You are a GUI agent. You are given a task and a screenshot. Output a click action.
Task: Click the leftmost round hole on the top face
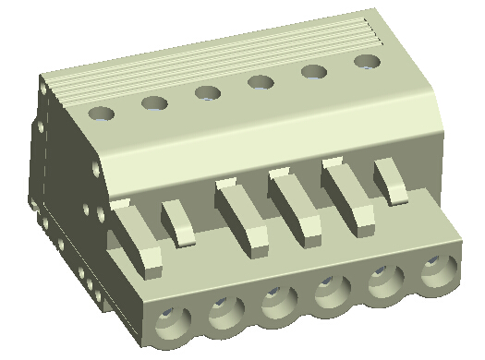coord(102,114)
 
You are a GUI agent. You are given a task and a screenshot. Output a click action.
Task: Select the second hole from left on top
coord(154,102)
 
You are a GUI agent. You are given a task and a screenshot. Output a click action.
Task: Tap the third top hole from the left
coord(207,92)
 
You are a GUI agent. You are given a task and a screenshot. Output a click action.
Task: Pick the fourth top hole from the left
coord(261,82)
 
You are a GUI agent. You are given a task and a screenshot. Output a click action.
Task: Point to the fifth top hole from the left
coord(314,72)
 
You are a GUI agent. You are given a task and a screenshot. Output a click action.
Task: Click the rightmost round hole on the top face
coord(368,62)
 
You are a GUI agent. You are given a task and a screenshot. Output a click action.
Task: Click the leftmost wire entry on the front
coord(172,321)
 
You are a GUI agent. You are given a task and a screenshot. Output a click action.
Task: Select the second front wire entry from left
coord(224,312)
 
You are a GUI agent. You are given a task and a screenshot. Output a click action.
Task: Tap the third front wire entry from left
coord(276,303)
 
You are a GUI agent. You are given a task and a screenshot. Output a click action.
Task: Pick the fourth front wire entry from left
coord(329,294)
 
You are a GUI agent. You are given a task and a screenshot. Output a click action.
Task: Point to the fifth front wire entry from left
coord(382,283)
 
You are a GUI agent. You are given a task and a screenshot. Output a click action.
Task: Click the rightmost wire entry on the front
coord(436,273)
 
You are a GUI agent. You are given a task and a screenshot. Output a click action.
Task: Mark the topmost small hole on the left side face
coord(43,88)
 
